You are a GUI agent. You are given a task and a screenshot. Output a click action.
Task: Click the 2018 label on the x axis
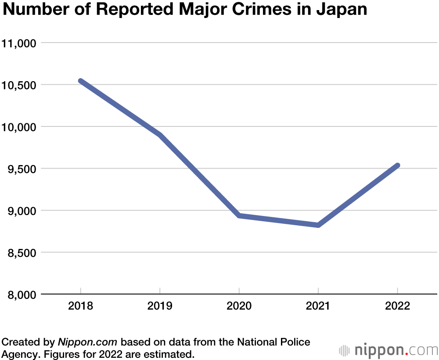[81, 306]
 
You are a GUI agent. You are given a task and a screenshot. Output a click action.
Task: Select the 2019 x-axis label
[160, 306]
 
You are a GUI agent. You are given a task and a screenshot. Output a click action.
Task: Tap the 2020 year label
[239, 306]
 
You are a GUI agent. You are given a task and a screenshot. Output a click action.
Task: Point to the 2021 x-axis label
[318, 306]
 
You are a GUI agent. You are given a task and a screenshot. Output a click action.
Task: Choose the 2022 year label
[397, 306]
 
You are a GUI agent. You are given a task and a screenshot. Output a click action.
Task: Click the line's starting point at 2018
[81, 81]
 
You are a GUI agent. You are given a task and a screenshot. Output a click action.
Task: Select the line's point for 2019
[160, 135]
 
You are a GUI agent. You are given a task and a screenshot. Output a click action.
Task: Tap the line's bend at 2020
[239, 216]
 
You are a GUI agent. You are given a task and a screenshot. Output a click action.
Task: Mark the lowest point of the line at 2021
[318, 225]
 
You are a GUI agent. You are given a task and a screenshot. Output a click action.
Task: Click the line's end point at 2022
[397, 166]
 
